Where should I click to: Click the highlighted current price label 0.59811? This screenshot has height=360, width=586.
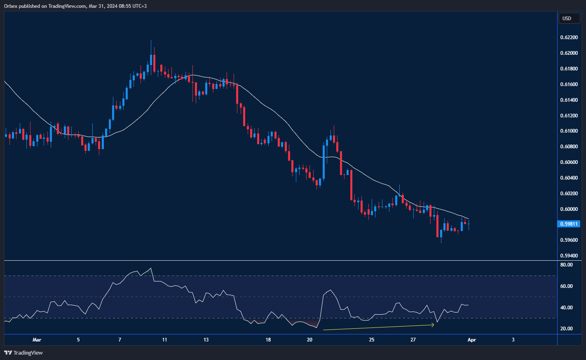pos(569,224)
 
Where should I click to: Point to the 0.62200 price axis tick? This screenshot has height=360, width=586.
pos(569,37)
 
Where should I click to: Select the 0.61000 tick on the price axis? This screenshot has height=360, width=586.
pos(569,131)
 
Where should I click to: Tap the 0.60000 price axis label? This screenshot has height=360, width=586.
pos(569,209)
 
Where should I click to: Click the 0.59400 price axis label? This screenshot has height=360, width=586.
pos(569,256)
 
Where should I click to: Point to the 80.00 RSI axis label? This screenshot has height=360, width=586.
pos(567,265)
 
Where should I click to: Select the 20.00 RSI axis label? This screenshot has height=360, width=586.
pos(567,329)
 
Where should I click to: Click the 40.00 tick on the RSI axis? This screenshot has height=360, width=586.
pos(567,308)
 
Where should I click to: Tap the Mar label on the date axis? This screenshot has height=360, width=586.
pos(37,340)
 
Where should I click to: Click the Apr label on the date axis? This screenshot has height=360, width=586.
pos(471,340)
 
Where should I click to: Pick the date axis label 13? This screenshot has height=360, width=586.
pos(206,340)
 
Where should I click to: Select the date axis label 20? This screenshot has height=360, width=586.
pos(309,340)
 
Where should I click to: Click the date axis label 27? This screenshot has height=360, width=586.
pos(413,340)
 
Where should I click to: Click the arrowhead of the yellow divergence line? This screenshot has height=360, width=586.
pos(433,325)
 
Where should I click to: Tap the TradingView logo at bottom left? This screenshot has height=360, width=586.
pos(23,353)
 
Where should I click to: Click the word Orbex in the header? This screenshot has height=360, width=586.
pos(11,6)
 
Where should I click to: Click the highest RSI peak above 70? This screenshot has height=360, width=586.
pos(151,269)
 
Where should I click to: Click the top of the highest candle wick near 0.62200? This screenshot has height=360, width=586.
pos(151,40)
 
